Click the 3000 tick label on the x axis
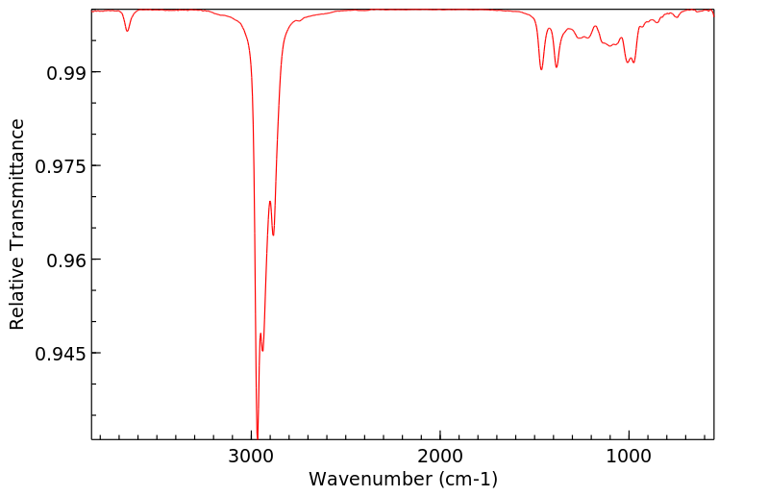(x=252, y=455)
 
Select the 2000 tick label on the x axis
(x=440, y=455)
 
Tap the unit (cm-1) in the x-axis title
(x=465, y=478)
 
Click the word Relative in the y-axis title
(x=17, y=294)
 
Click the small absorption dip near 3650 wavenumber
(x=127, y=31)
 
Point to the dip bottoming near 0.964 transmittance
(x=273, y=235)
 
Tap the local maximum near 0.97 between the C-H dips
(x=270, y=201)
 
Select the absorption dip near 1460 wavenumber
(x=541, y=69)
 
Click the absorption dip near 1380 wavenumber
(x=557, y=66)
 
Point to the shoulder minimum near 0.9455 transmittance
(x=262, y=350)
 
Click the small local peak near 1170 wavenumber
(x=595, y=26)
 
